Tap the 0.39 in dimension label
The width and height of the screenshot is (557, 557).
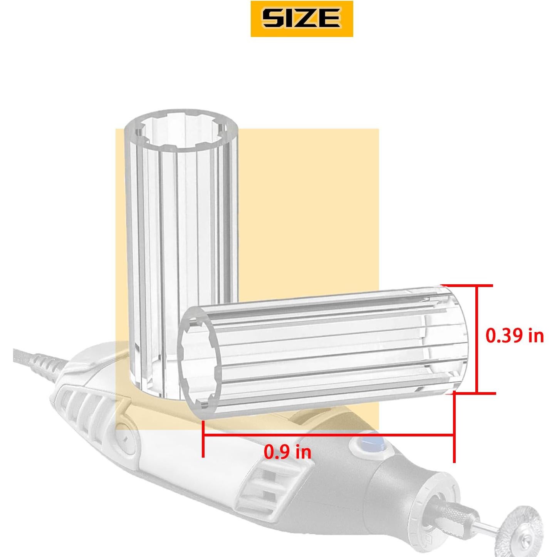click(514, 336)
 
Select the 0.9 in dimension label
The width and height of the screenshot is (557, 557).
click(287, 451)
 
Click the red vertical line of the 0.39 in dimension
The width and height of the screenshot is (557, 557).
click(476, 339)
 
